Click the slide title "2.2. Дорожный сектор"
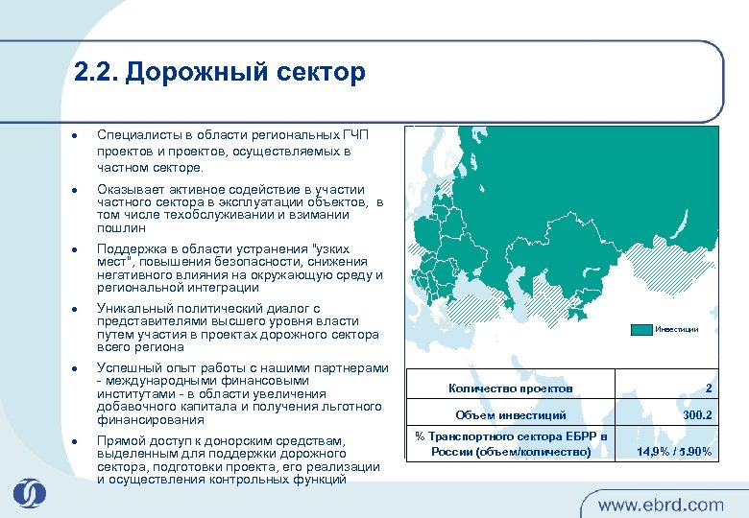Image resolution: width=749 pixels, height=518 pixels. (x=219, y=73)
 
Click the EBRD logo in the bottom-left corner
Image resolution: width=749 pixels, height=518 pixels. (x=29, y=492)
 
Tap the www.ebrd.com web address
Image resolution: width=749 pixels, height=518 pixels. (x=661, y=505)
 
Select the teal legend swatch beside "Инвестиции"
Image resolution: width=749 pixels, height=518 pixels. (x=641, y=329)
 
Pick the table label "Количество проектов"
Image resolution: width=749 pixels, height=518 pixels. (x=510, y=388)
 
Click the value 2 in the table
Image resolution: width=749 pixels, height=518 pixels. (x=708, y=388)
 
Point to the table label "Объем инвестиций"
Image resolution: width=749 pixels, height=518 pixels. (x=510, y=415)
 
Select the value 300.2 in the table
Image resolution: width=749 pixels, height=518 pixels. (x=697, y=415)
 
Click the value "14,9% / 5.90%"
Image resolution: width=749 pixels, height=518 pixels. (x=674, y=451)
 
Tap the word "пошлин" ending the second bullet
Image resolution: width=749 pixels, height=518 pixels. (x=121, y=228)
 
